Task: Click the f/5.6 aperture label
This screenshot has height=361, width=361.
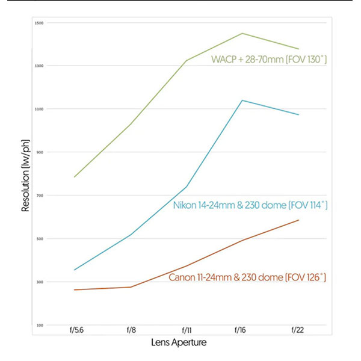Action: [x=75, y=331]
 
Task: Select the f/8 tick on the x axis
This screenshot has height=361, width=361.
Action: [x=131, y=331]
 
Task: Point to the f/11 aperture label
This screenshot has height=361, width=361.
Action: [x=187, y=331]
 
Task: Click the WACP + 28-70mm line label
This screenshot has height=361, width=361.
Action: [x=268, y=60]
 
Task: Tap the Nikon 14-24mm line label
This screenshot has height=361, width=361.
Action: [x=250, y=206]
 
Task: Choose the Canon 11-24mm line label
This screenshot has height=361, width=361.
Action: [x=247, y=277]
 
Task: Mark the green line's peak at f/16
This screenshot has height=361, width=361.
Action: [x=242, y=33]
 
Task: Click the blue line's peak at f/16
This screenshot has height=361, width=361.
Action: [x=242, y=100]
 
